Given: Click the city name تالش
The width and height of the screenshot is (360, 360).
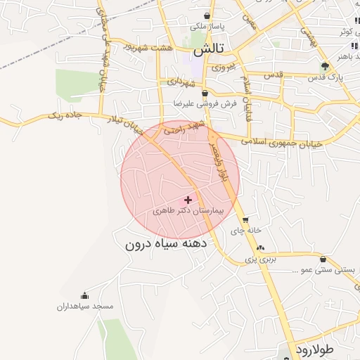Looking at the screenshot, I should [x=209, y=51].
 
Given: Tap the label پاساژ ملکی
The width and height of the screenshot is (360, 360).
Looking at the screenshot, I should [x=206, y=27].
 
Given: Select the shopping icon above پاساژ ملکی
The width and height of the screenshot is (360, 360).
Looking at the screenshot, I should [x=206, y=15].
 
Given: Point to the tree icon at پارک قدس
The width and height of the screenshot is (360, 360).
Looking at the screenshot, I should [x=324, y=67].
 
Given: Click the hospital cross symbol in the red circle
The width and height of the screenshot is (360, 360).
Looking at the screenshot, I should [x=187, y=200].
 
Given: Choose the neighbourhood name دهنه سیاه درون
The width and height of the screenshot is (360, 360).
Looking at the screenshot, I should [x=165, y=245].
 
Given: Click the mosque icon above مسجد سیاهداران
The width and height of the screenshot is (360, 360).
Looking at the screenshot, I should [x=85, y=295].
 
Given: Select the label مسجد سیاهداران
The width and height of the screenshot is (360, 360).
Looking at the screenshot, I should [x=85, y=307].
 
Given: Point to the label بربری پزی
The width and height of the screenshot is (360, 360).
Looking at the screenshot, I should [x=261, y=259].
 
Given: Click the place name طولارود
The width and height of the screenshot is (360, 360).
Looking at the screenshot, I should [x=323, y=349].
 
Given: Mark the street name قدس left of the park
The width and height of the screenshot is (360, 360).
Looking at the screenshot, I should [x=272, y=75].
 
